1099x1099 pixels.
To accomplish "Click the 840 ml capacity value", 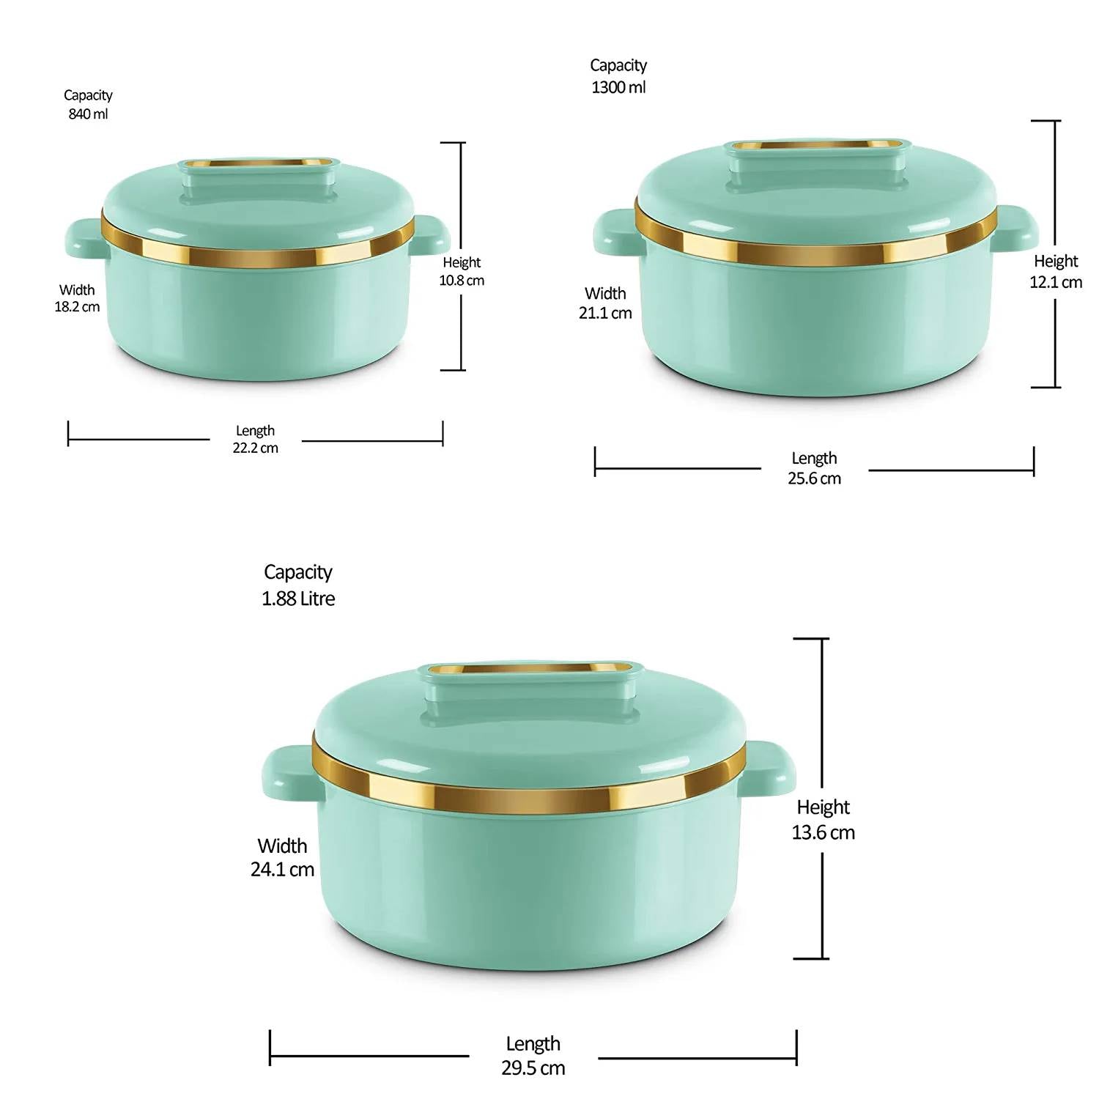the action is pos(88,114).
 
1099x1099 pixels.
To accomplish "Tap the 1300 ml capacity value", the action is pos(619,87).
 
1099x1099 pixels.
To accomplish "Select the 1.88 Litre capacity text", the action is pos(298,599).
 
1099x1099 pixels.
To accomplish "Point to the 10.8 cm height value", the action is pos(462,281).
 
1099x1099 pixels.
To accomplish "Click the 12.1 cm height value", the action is pos(1056,282).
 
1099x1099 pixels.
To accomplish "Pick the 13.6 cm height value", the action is pos(823,832).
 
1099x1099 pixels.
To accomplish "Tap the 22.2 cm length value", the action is pos(256,448).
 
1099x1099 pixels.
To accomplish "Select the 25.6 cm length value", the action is pos(815,478).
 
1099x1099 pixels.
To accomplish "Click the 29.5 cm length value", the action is pos(533,1067).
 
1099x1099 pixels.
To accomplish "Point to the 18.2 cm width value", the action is pos(77,307).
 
